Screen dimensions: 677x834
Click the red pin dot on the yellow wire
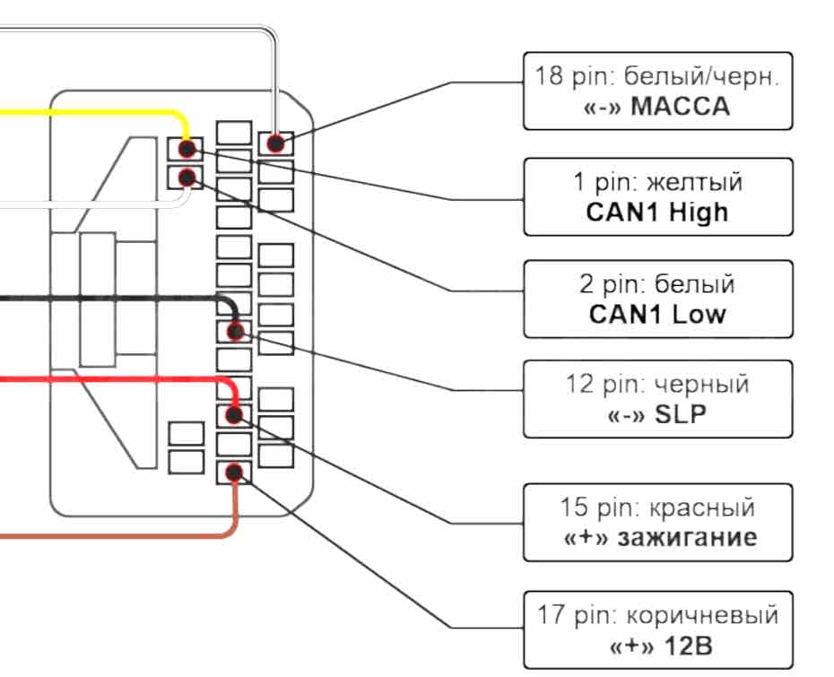click(187, 148)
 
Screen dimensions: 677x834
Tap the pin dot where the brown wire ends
click(234, 472)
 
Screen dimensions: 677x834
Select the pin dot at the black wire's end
click(235, 332)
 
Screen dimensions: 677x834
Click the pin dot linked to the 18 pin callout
click(276, 143)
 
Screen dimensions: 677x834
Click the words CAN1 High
click(657, 213)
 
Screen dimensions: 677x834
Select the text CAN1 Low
click(657, 315)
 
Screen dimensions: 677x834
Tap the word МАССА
click(681, 108)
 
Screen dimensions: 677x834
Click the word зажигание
click(685, 538)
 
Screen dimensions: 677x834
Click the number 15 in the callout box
click(574, 508)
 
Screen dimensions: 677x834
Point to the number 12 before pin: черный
click(581, 385)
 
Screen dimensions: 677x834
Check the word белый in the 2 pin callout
click(695, 285)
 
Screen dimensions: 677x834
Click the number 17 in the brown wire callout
click(550, 616)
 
